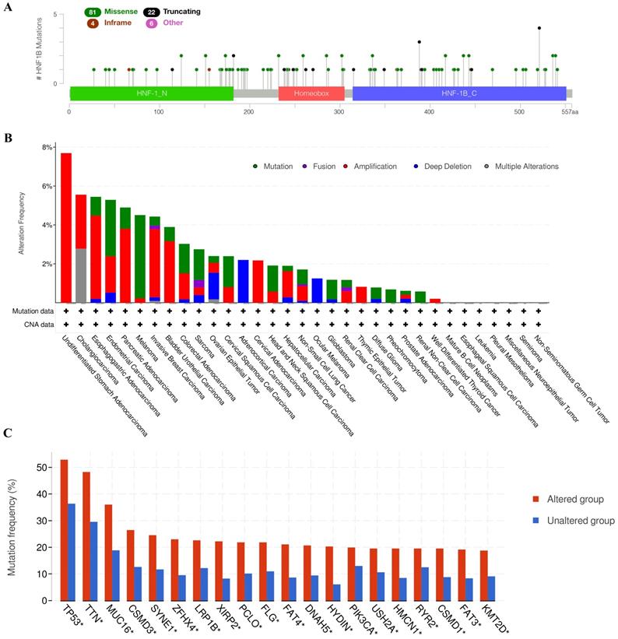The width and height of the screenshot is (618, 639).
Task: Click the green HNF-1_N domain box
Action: pyautogui.click(x=151, y=93)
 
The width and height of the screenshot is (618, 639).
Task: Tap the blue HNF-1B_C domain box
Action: pyautogui.click(x=458, y=93)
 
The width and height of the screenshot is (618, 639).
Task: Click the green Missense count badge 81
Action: pyautogui.click(x=93, y=13)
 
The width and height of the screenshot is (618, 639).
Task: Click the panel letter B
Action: pyautogui.click(x=7, y=138)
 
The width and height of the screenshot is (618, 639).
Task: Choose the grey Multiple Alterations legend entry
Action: pyautogui.click(x=521, y=166)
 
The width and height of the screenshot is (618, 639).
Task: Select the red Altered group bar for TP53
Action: pyautogui.click(x=64, y=529)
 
